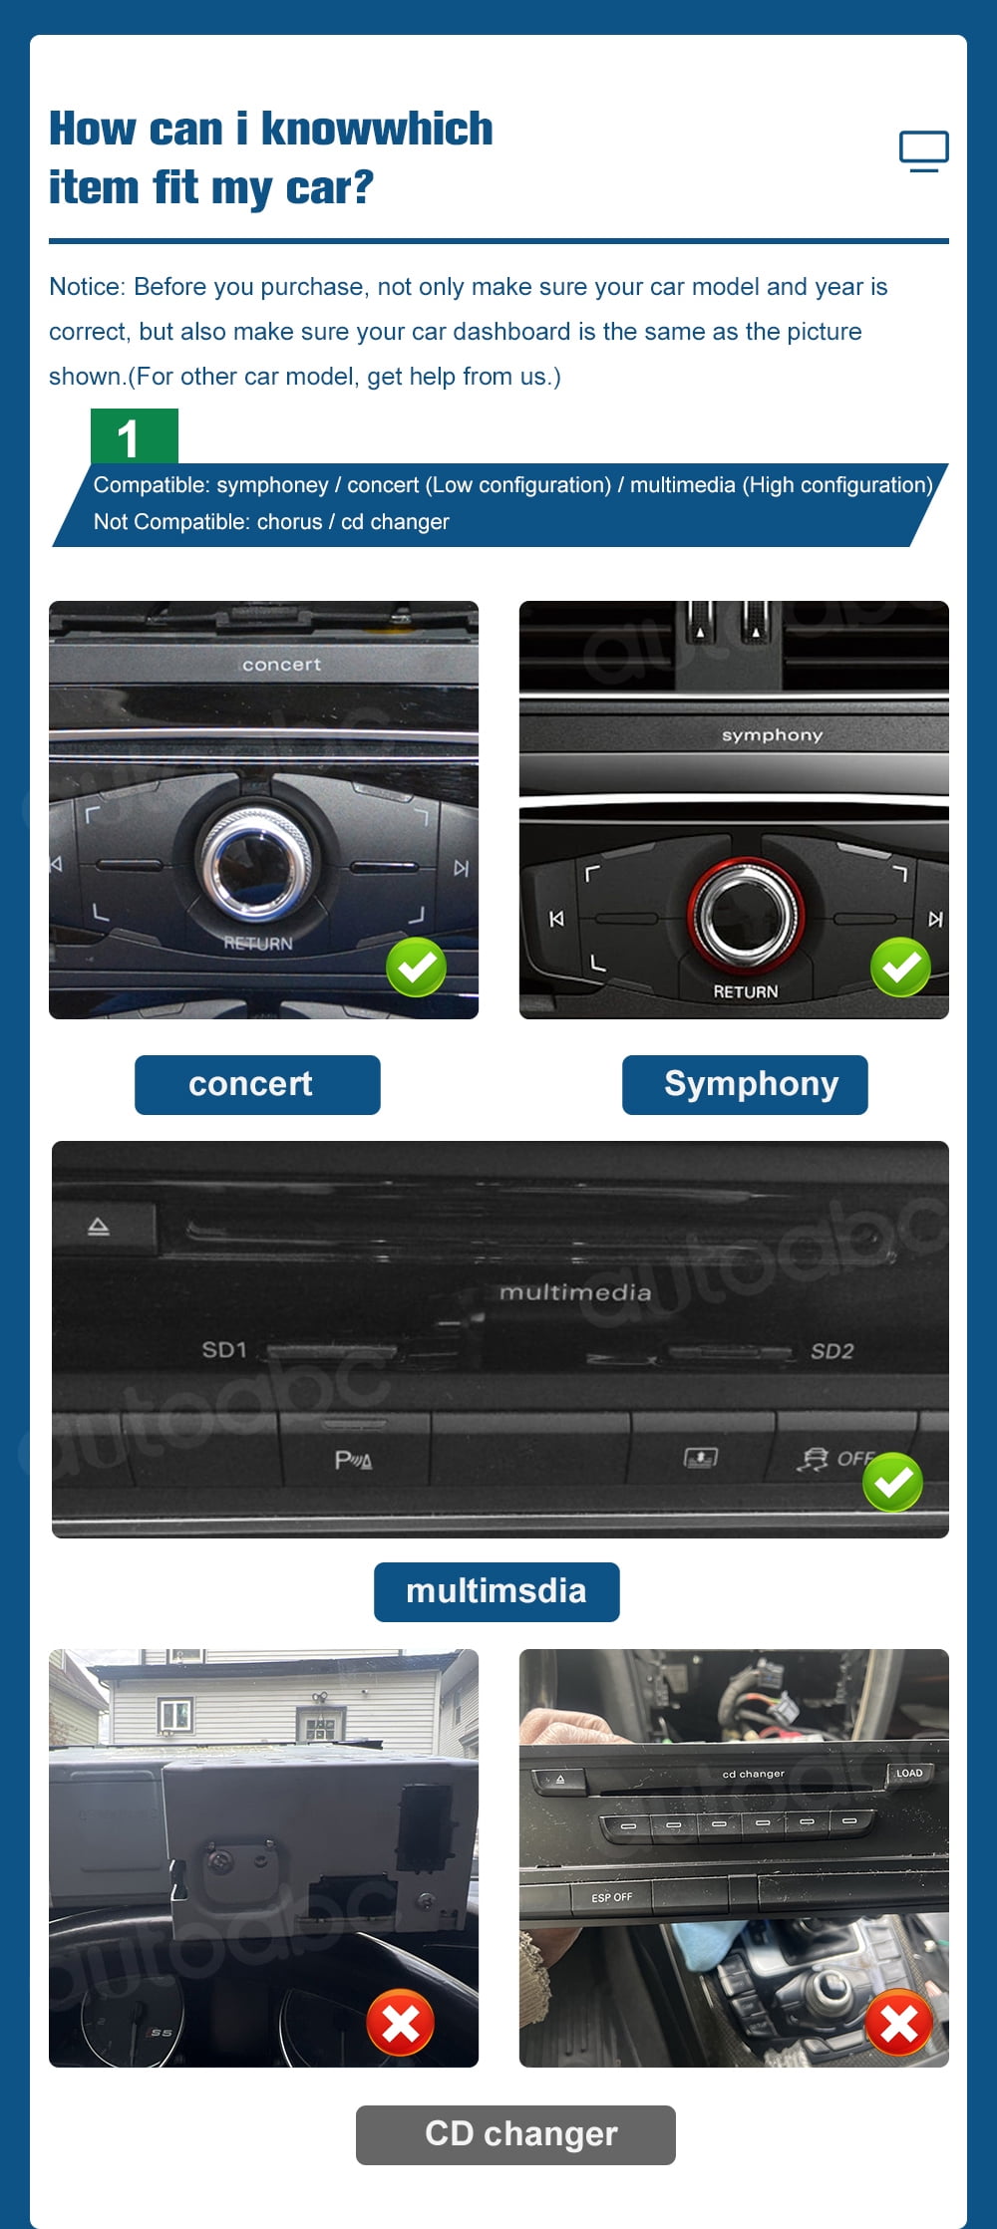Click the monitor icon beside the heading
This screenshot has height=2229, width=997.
pyautogui.click(x=923, y=150)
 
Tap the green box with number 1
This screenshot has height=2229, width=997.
pyautogui.click(x=135, y=436)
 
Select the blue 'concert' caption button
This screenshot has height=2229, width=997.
pyautogui.click(x=257, y=1084)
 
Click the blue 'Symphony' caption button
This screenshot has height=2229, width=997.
pyautogui.click(x=745, y=1084)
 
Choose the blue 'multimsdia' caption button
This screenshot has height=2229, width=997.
pyautogui.click(x=497, y=1591)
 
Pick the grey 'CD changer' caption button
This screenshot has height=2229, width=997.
pyautogui.click(x=515, y=2134)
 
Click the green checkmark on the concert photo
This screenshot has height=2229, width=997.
pyautogui.click(x=416, y=967)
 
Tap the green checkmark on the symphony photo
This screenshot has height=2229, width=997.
pyautogui.click(x=900, y=967)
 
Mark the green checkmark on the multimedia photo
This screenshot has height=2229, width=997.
pyautogui.click(x=892, y=1482)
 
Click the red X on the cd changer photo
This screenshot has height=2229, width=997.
pyautogui.click(x=898, y=2023)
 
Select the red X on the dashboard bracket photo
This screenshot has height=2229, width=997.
pyautogui.click(x=400, y=2023)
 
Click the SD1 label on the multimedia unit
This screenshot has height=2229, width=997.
pyautogui.click(x=224, y=1350)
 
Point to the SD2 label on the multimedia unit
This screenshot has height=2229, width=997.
pyautogui.click(x=832, y=1351)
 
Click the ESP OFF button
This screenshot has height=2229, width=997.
pyautogui.click(x=612, y=1897)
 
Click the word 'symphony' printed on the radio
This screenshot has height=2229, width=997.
pyautogui.click(x=772, y=735)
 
